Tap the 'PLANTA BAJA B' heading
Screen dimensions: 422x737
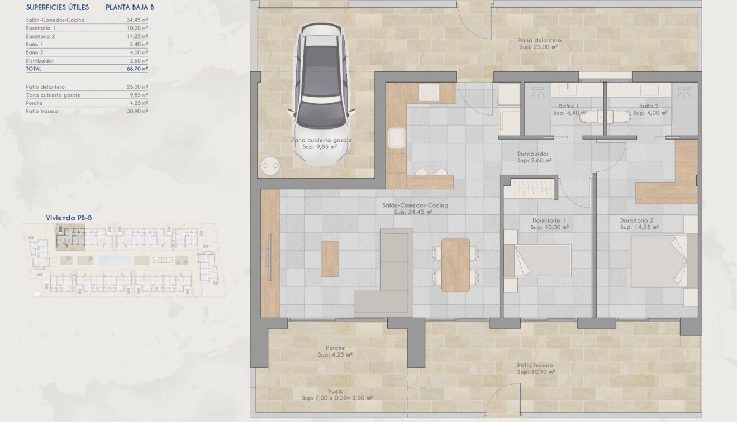coord(130,8)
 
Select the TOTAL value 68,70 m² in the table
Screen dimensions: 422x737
coord(137,69)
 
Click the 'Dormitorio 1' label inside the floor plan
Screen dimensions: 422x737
coord(549,220)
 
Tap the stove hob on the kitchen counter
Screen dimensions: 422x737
coord(429,93)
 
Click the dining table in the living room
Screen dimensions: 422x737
coord(455,265)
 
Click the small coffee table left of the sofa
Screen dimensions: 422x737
coord(330,258)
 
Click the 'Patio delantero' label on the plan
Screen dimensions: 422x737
coord(539,40)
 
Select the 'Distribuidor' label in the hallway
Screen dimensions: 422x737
coord(533,154)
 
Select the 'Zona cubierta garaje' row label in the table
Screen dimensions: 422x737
coord(53,95)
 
